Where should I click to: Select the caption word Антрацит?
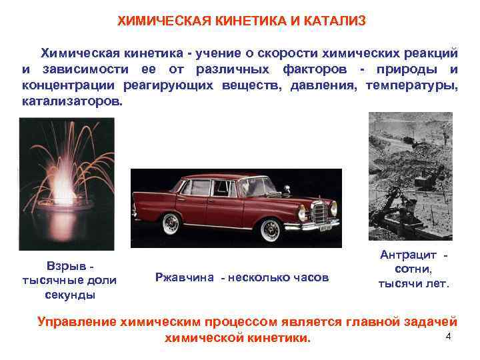point(407,255)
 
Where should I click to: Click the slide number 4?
point(448,336)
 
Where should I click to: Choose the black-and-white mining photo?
point(411,175)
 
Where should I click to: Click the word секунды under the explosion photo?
point(70,294)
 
